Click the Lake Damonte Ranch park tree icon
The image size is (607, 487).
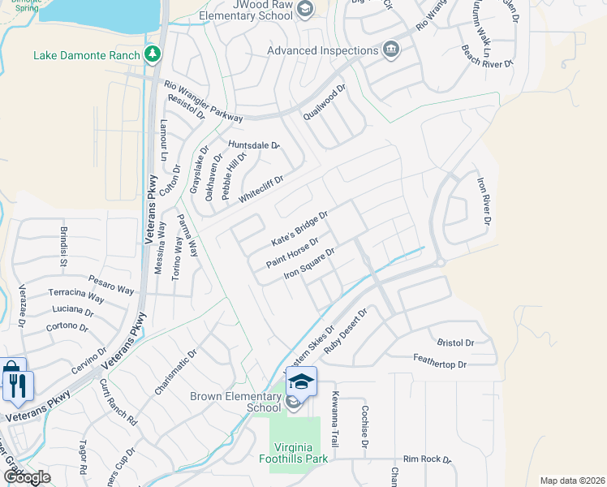152,55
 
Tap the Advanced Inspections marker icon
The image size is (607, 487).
391,50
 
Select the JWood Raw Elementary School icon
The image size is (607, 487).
305,10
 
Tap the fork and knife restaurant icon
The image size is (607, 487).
15,383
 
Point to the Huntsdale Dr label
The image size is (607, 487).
253,145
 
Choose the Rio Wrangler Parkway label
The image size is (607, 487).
203,101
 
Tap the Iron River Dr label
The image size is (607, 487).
484,202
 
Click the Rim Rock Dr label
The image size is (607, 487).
427,459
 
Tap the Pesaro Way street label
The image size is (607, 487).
111,284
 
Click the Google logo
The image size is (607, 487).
27,476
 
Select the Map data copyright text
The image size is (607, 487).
572,481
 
